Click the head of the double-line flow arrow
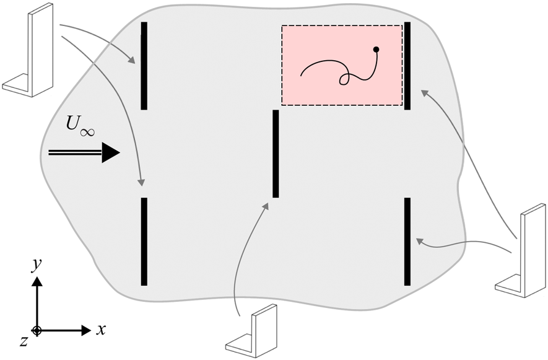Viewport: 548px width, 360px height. pyautogui.click(x=110, y=152)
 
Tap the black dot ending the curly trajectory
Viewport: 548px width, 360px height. pyautogui.click(x=376, y=49)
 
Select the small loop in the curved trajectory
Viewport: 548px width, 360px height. pyautogui.click(x=345, y=79)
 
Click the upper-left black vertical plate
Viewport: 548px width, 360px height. pyautogui.click(x=144, y=66)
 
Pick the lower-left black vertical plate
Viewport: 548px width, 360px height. pyautogui.click(x=144, y=241)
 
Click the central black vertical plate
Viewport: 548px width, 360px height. pyautogui.click(x=276, y=154)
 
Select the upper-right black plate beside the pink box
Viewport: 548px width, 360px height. pyautogui.click(x=407, y=66)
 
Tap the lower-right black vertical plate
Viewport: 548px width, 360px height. pyautogui.click(x=407, y=241)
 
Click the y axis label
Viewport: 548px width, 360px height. pyautogui.click(x=37, y=265)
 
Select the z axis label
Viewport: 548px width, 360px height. pyautogui.click(x=23, y=340)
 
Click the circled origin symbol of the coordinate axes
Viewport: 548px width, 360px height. pyautogui.click(x=37, y=331)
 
